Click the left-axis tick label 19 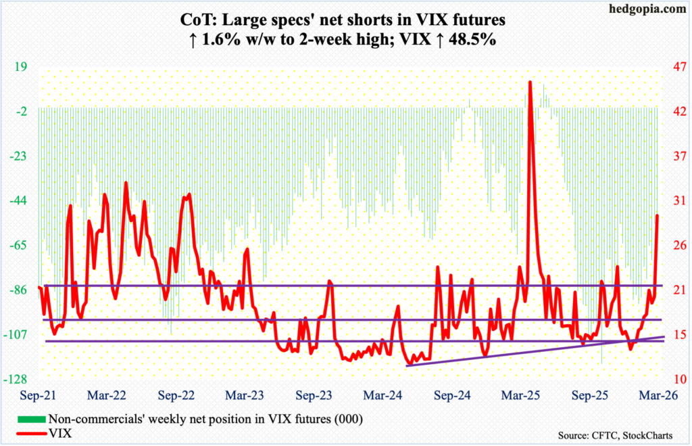pyautogui.click(x=20, y=67)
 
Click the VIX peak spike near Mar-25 pyautogui.click(x=530, y=83)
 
